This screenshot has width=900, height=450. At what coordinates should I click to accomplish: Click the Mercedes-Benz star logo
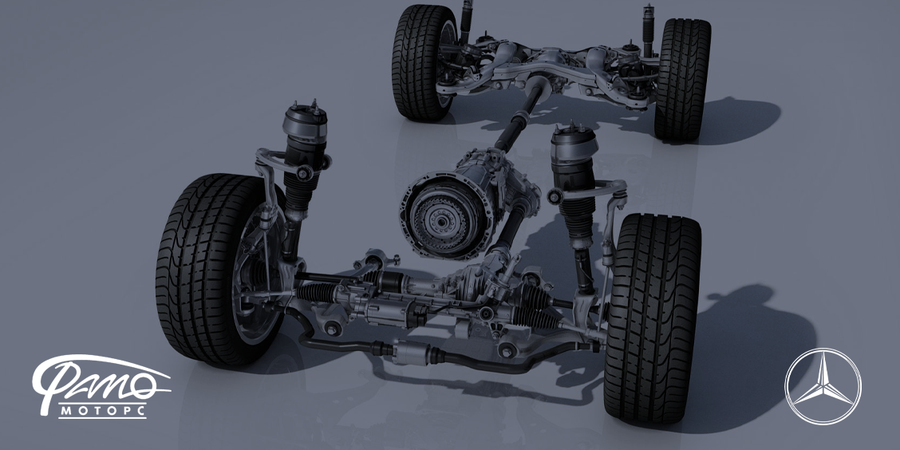coord(823,386)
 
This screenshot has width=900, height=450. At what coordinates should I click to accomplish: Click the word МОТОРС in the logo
coord(103,410)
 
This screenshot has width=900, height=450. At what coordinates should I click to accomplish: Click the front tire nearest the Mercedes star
coord(653,318)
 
